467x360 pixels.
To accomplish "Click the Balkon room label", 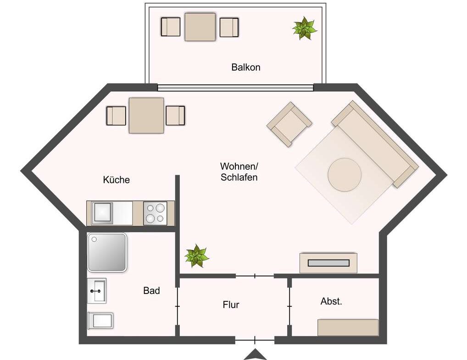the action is (246, 67).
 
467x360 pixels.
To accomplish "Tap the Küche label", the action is (116, 180).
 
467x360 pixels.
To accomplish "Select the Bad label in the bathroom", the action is (151, 290).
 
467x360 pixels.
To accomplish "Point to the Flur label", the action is (231, 305).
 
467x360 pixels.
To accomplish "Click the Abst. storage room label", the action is (331, 301).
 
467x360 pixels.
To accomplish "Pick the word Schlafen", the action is (239, 177).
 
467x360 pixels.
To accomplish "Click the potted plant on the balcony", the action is (305, 28).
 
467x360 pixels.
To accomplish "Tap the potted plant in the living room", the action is (196, 256).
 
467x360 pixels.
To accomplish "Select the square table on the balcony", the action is (200, 27).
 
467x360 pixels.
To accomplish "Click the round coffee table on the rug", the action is (345, 174).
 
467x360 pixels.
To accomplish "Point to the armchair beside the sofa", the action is (289, 124).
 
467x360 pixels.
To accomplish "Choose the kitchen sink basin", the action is (102, 213).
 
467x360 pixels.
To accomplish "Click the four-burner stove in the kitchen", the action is (155, 213).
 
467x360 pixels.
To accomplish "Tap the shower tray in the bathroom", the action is (107, 252).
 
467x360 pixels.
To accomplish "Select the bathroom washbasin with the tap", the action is (96, 291).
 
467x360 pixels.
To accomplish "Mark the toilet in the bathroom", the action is (100, 321).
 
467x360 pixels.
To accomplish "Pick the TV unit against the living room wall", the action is (328, 263).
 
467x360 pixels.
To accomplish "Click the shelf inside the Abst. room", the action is (348, 327).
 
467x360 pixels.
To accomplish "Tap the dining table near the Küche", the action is (146, 116).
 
